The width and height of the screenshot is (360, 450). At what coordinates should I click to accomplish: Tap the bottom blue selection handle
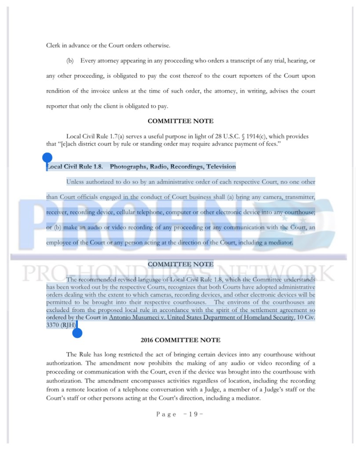tap(77, 332)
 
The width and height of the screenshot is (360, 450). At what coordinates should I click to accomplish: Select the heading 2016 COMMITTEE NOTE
tap(180, 340)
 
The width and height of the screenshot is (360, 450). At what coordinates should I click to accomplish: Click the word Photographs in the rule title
tap(128, 167)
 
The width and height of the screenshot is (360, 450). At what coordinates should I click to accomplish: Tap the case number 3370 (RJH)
tap(61, 325)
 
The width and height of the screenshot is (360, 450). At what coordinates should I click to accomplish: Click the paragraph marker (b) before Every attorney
tap(70, 60)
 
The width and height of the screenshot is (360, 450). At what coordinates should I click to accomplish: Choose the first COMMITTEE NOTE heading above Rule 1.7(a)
tap(180, 121)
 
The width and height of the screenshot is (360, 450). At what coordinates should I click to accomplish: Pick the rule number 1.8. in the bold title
tap(97, 167)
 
